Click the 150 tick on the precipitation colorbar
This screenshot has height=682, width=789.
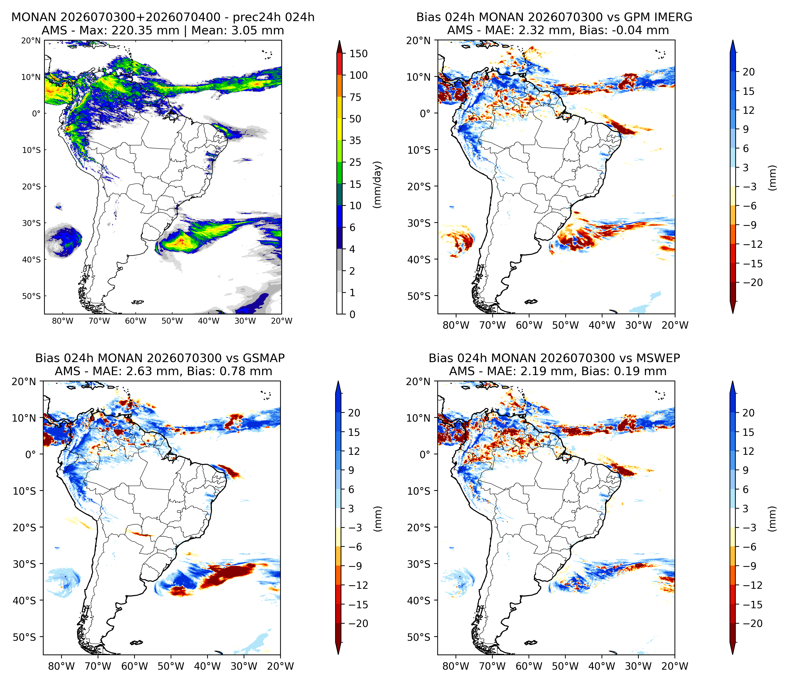coord(359,54)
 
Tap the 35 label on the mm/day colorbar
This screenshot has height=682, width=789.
coord(355,141)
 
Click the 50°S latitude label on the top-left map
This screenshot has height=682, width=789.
coord(31,296)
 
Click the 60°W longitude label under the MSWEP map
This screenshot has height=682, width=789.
coord(529,666)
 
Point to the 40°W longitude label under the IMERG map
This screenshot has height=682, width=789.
coord(602,325)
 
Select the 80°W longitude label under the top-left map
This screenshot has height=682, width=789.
coord(63,321)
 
